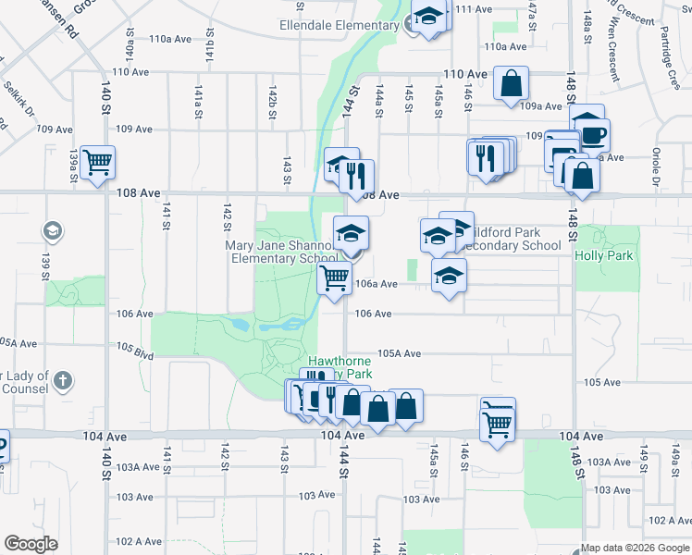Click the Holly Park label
(604, 255)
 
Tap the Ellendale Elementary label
(339, 25)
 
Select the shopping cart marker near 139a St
(97, 163)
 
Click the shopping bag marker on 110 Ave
(511, 84)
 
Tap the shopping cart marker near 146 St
(498, 423)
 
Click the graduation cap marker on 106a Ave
(449, 276)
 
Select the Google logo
(31, 544)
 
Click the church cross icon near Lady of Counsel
(62, 380)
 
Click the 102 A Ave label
(139, 540)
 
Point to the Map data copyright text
(636, 548)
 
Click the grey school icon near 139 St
(54, 229)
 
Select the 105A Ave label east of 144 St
(400, 353)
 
